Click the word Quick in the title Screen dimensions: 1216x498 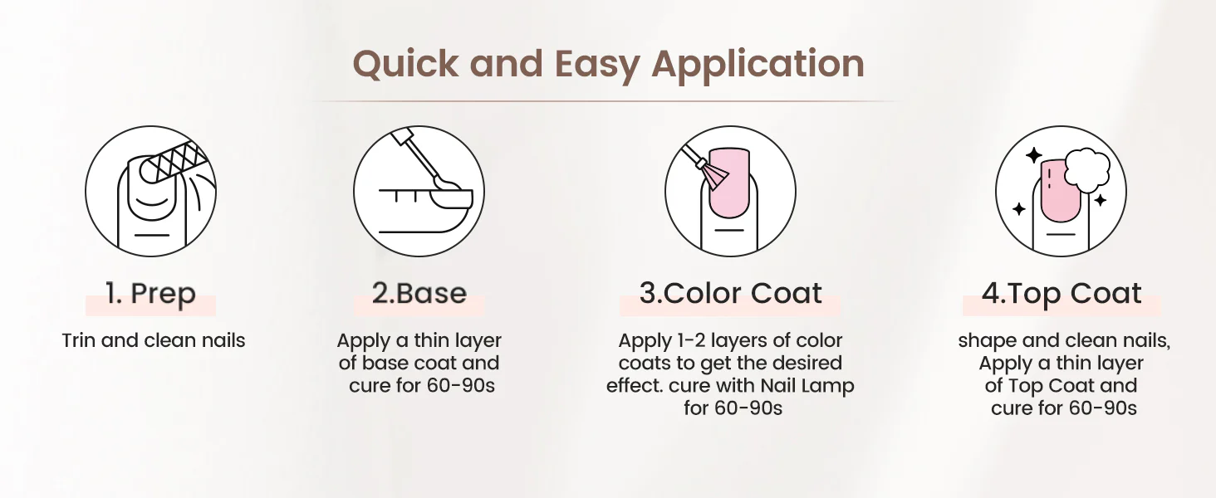[x=405, y=65]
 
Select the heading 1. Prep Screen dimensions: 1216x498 [x=150, y=294]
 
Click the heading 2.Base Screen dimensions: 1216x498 [x=419, y=294]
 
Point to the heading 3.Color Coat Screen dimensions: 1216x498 [x=731, y=294]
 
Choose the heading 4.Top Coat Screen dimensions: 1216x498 [x=1062, y=294]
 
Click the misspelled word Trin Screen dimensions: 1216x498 [x=79, y=340]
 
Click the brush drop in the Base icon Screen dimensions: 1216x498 [x=446, y=184]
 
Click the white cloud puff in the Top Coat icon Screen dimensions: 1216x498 [x=1086, y=170]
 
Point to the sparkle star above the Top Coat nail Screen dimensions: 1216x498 [x=1033, y=156]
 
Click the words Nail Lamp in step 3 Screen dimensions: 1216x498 [x=807, y=386]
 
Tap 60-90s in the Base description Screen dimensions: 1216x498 [x=461, y=386]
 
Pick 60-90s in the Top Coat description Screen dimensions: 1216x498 [x=1102, y=408]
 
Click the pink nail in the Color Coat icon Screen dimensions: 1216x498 [x=729, y=183]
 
